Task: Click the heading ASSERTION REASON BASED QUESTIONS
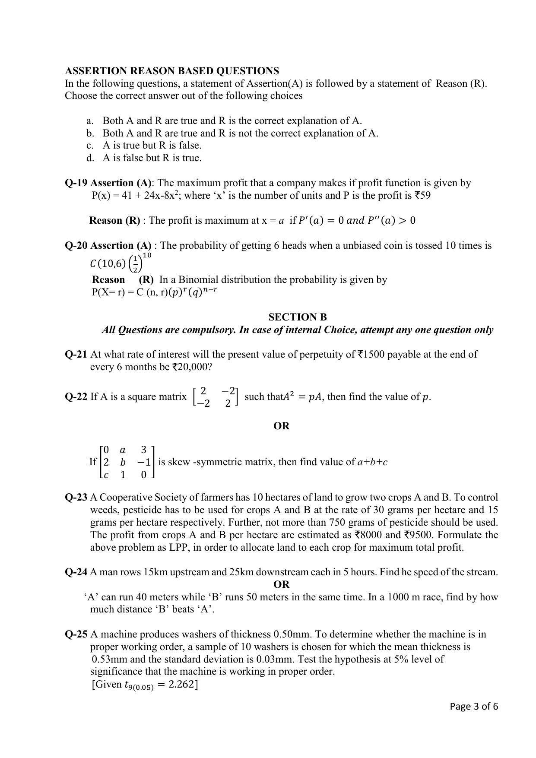[172, 71]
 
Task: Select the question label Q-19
[76, 183]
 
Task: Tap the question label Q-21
[76, 354]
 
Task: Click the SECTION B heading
[298, 317]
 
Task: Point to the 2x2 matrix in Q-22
[215, 397]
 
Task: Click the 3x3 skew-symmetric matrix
[127, 462]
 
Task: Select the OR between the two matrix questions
[281, 426]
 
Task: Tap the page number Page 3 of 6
[474, 706]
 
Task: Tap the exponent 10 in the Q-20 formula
[146, 255]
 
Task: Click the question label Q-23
[76, 497]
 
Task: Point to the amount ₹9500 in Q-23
[418, 535]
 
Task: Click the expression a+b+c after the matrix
[372, 462]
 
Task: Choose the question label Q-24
[76, 572]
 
